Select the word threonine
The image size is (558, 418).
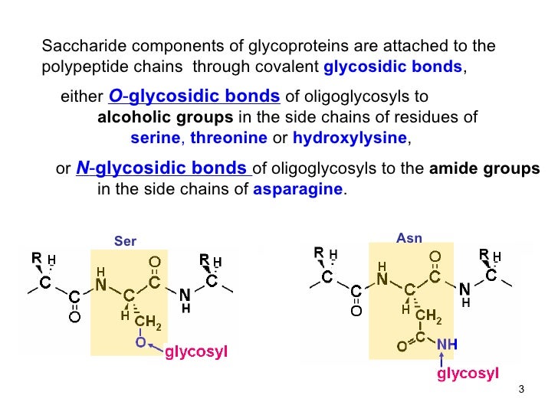click(x=229, y=139)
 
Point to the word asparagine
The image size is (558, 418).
click(x=299, y=189)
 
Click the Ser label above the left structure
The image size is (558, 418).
click(x=125, y=241)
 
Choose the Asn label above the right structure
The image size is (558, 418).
click(x=409, y=238)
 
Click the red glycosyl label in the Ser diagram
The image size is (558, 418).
click(x=197, y=353)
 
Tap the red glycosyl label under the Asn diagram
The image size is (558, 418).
click(x=468, y=374)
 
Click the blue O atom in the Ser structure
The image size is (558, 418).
click(x=140, y=343)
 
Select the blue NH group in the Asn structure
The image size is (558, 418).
click(x=447, y=346)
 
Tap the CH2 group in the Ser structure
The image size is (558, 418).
click(x=147, y=325)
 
